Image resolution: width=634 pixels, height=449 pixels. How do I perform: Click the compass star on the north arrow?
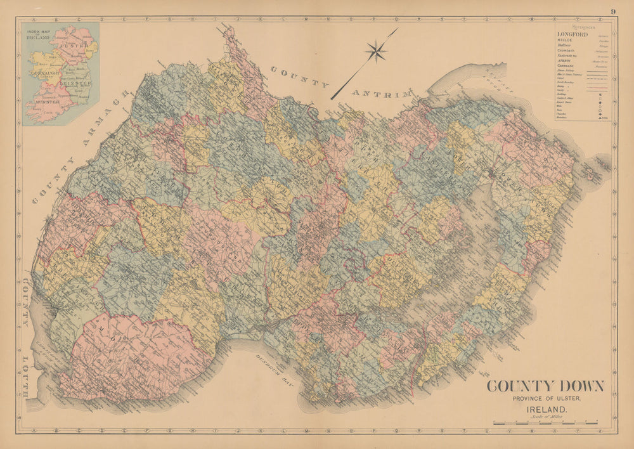click(x=377, y=51)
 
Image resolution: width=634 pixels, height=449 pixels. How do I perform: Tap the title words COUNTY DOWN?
click(x=545, y=386)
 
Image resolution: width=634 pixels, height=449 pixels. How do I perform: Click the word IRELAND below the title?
click(x=545, y=409)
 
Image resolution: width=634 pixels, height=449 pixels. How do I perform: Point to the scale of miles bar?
click(x=545, y=422)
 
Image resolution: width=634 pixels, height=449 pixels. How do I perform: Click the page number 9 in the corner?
click(x=614, y=11)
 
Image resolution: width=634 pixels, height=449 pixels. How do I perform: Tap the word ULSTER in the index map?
click(x=73, y=46)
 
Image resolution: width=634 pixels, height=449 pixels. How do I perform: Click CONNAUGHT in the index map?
click(x=44, y=73)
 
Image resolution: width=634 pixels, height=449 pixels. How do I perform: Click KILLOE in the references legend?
click(x=566, y=40)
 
